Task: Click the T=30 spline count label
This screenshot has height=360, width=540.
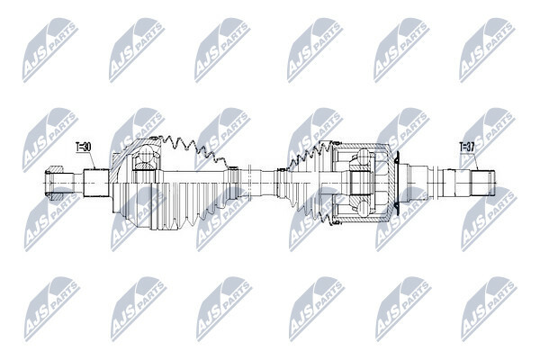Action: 83,147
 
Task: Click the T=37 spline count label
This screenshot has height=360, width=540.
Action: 467,147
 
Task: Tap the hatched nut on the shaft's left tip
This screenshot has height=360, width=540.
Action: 54,183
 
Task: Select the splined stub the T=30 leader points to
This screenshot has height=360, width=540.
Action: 96,183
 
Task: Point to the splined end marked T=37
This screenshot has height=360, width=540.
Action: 482,183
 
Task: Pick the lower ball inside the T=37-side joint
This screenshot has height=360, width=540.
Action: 364,209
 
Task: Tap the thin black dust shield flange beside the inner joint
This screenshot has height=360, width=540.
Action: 396,184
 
